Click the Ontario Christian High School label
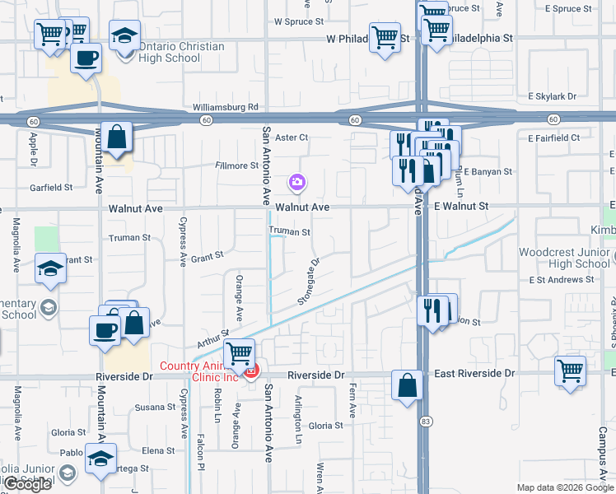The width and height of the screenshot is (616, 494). tap(181, 52)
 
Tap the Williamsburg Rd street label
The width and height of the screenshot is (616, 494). tap(226, 107)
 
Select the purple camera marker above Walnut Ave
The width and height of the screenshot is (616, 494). tap(297, 181)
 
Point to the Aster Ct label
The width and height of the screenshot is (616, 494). tap(291, 137)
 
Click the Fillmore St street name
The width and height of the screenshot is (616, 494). tap(236, 165)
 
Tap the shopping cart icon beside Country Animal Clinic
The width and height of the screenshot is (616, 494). tap(239, 354)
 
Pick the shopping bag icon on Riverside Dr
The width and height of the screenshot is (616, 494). tap(408, 384)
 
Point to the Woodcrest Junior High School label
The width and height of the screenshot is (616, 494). tap(564, 258)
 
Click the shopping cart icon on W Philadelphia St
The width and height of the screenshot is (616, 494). tap(385, 37)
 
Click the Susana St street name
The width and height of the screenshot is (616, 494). tap(156, 407)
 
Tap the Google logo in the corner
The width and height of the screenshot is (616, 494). tap(27, 484)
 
